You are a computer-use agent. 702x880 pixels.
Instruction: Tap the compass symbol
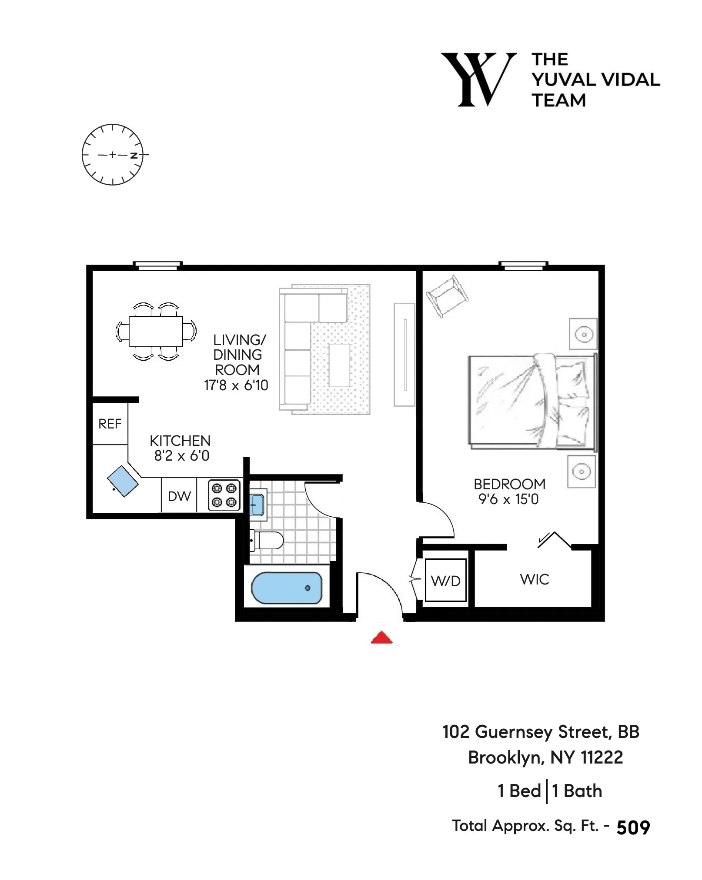click(x=113, y=155)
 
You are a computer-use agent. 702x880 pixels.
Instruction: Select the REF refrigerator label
click(x=110, y=424)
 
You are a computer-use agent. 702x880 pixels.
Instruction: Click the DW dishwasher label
click(x=179, y=496)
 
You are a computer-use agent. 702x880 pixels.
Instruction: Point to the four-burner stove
click(x=224, y=495)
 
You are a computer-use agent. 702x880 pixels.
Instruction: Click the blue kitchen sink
click(x=123, y=481)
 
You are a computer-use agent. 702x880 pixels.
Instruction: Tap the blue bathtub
click(x=287, y=588)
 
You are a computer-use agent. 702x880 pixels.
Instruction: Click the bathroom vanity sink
click(x=257, y=504)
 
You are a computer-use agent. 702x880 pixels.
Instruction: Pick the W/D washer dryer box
click(x=445, y=580)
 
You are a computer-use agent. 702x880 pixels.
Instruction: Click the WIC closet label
click(x=535, y=579)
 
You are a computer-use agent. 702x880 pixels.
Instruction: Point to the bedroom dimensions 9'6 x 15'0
click(x=508, y=499)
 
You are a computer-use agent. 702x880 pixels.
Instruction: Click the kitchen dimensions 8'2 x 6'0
click(x=181, y=456)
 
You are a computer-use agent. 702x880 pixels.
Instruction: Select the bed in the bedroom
click(x=532, y=402)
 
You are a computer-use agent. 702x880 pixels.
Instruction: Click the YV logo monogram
click(x=478, y=80)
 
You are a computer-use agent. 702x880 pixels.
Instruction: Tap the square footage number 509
click(x=633, y=828)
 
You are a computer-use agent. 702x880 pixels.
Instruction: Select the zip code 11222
click(x=602, y=758)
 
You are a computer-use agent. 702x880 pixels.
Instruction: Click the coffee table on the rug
click(x=340, y=365)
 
